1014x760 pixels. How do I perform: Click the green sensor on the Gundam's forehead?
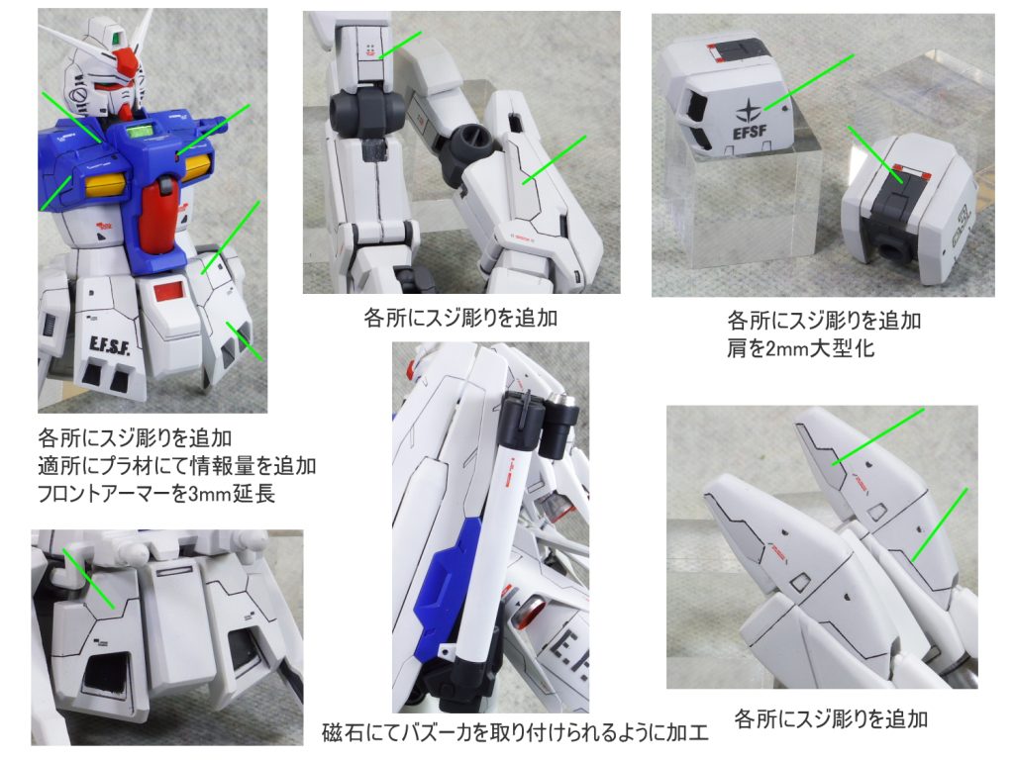click(x=117, y=38)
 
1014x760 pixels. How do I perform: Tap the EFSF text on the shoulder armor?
click(x=750, y=133)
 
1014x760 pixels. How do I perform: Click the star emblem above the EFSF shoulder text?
click(x=749, y=111)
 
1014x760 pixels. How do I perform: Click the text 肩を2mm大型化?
click(x=800, y=349)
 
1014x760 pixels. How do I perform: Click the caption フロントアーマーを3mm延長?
click(x=156, y=494)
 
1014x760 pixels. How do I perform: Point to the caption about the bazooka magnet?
click(x=515, y=732)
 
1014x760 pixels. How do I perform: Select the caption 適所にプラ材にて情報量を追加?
click(x=176, y=466)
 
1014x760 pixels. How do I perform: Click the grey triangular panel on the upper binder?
click(x=821, y=455)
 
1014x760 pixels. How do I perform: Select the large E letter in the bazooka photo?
click(x=562, y=648)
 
